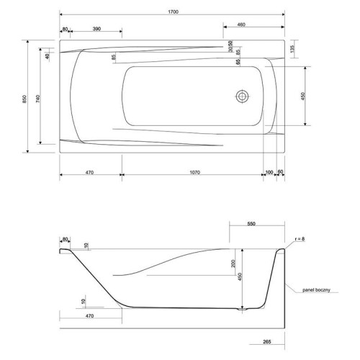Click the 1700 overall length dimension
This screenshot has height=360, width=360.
tap(173, 12)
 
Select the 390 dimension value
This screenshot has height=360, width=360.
tap(96, 29)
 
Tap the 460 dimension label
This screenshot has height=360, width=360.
tap(241, 24)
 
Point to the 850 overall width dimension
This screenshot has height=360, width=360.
tap(24, 99)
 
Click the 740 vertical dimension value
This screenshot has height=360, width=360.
tap(38, 99)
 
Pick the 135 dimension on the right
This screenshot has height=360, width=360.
tap(292, 49)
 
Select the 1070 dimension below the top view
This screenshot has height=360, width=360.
tap(194, 172)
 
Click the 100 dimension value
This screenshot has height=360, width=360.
tap(269, 172)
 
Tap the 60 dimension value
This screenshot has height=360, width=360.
tap(280, 171)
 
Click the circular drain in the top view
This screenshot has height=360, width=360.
tap(242, 96)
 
